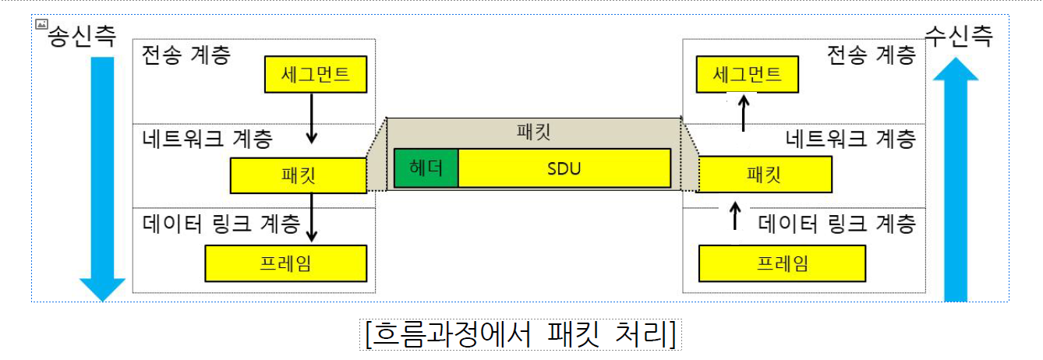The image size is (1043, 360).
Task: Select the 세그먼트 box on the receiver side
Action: (x=748, y=75)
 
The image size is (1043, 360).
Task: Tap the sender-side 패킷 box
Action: (x=299, y=175)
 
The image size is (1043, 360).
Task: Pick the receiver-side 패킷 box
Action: (x=765, y=175)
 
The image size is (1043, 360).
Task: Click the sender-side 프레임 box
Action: (x=285, y=263)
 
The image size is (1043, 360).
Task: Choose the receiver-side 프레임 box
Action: (x=782, y=263)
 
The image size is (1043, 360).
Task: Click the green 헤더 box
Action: (x=426, y=168)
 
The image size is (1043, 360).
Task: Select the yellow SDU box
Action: (x=564, y=168)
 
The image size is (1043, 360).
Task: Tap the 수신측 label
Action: (x=959, y=36)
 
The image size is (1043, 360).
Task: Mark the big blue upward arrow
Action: (x=956, y=179)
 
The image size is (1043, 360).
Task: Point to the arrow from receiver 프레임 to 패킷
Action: (x=733, y=214)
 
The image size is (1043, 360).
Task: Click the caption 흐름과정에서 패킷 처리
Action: (x=521, y=334)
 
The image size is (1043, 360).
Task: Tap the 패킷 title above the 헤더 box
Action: (x=534, y=132)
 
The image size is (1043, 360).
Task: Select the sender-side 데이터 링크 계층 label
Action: (x=221, y=224)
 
